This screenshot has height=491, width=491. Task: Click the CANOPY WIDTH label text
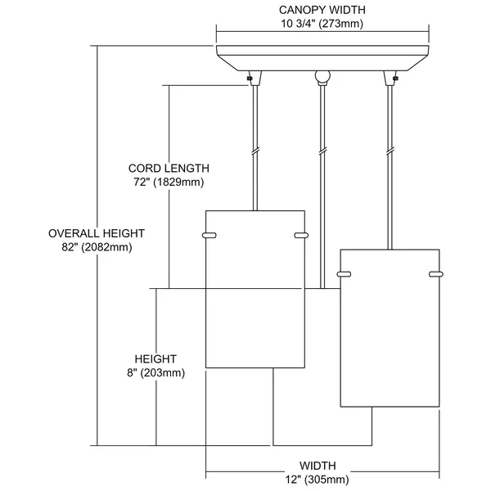coord(322,10)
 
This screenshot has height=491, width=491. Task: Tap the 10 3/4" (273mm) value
coord(322,24)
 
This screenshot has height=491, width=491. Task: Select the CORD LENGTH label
coord(169,169)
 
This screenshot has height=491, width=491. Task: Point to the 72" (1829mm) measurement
coord(169,182)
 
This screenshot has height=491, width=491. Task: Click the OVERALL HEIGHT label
coord(97,233)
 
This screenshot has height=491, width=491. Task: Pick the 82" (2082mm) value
coord(97,247)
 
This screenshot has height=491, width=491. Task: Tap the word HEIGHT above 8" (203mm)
coord(155,359)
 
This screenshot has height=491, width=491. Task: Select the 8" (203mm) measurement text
coord(155,373)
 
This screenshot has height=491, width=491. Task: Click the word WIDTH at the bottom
coord(318,466)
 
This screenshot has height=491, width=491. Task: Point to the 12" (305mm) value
coord(317,480)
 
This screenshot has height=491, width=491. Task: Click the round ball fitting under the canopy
coord(322,77)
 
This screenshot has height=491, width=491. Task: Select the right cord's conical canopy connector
coord(390,78)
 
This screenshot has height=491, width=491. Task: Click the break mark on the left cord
coord(255,151)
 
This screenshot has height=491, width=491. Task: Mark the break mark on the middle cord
coord(322,151)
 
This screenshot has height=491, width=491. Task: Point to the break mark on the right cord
coord(390,151)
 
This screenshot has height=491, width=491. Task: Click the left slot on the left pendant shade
coord(209,235)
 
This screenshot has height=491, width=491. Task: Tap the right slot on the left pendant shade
coord(301,235)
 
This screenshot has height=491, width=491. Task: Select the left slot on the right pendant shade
coord(344,274)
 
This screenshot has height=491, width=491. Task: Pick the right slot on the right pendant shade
coord(436,274)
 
